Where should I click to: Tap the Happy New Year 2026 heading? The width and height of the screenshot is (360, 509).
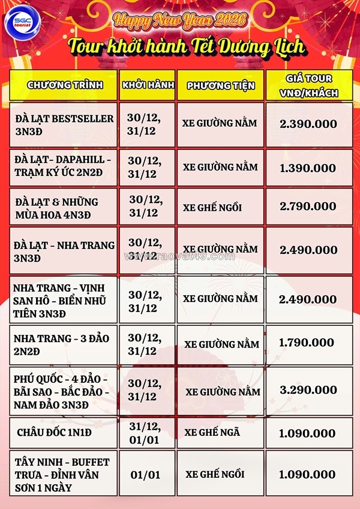179,20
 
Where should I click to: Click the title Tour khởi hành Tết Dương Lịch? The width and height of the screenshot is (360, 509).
186,46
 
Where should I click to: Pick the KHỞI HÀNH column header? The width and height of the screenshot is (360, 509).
147,85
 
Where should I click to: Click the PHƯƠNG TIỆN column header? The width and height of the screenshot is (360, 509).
220,85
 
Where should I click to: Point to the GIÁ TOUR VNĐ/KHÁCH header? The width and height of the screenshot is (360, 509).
309,85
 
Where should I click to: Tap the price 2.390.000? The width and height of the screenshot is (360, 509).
309,124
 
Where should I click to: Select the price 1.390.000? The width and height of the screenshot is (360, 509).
309,167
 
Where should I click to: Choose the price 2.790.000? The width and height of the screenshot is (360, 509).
309,206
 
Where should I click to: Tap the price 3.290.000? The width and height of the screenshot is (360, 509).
309,390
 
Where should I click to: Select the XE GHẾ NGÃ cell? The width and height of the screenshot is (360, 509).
220,433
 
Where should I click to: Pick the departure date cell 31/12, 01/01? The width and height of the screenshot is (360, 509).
147,433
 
